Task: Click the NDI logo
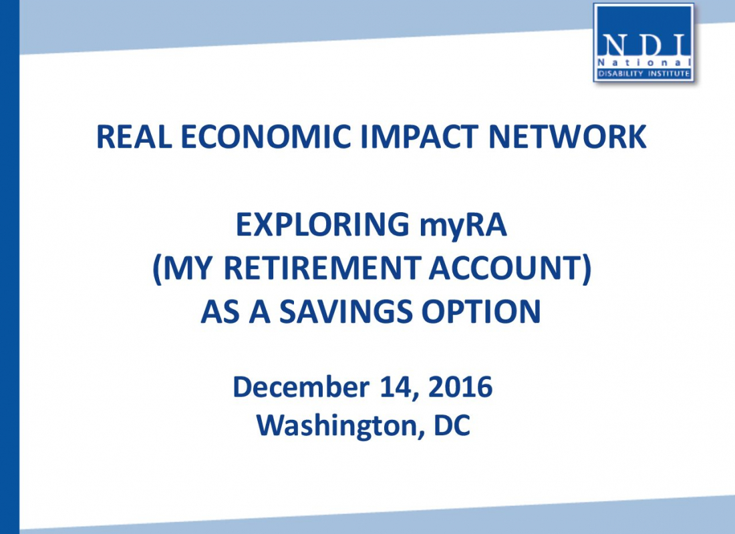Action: tap(643, 43)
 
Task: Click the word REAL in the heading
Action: tap(134, 137)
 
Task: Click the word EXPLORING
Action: tap(323, 225)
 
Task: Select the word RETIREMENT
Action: tap(321, 268)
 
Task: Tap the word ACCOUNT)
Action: tap(510, 269)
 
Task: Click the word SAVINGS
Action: tap(346, 312)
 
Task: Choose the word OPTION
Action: tap(481, 312)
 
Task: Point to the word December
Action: tap(301, 387)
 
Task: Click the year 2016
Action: tap(460, 387)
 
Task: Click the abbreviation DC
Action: tap(452, 425)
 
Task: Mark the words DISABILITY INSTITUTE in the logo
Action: tap(643, 73)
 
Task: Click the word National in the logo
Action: tap(644, 62)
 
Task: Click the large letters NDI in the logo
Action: tap(644, 45)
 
